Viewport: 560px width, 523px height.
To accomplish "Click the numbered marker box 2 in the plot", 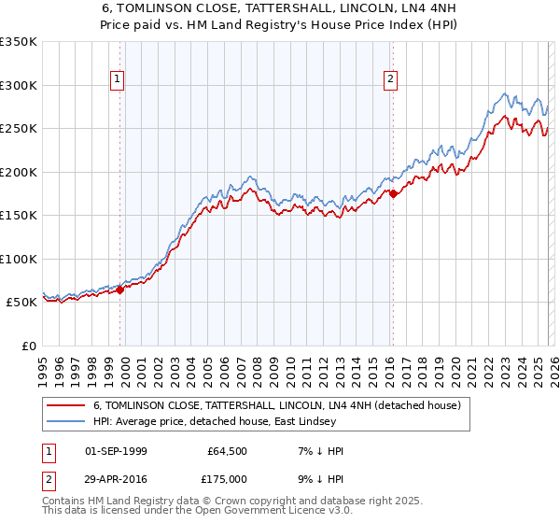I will [390, 80].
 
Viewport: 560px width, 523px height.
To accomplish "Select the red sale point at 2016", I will [394, 194].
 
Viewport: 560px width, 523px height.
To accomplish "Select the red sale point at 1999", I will [120, 290].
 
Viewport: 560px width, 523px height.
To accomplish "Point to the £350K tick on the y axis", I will [19, 42].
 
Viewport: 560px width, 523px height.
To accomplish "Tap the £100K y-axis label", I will [19, 259].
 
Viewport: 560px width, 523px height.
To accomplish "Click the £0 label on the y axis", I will [28, 346].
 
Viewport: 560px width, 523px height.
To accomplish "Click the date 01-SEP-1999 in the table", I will [116, 451].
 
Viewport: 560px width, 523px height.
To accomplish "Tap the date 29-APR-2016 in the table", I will [116, 478].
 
